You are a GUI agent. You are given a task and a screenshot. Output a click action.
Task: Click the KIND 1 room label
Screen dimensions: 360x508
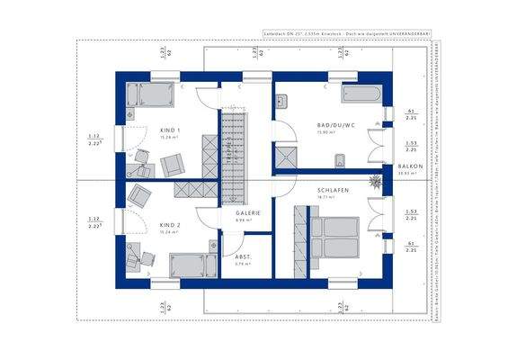tap(170, 130)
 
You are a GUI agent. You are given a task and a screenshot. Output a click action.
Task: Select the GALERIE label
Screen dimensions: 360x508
tap(248, 212)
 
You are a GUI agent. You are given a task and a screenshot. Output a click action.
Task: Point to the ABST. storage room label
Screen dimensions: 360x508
tap(243, 257)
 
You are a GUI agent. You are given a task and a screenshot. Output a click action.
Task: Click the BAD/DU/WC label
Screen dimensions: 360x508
tap(334, 125)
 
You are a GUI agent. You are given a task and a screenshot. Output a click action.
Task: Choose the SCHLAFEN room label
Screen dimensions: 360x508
tap(333, 191)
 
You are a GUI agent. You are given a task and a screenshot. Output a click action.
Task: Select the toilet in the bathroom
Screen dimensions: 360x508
tap(339, 162)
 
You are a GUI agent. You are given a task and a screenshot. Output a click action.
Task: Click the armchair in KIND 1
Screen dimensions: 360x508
tap(171, 165)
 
